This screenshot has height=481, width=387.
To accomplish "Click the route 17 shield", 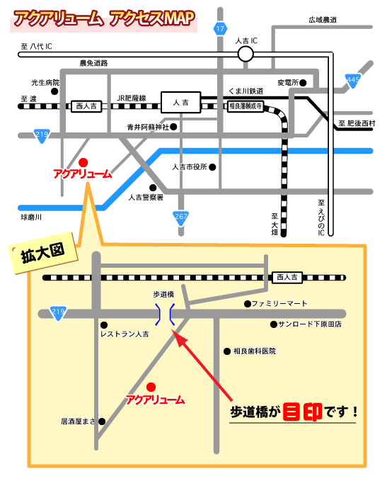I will click(220, 29).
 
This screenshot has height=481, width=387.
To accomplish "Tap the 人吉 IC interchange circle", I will click(245, 54).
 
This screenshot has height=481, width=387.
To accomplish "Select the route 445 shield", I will click(353, 80).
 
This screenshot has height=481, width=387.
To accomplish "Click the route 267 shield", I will click(182, 216).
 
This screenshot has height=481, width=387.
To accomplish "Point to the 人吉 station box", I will click(180, 103).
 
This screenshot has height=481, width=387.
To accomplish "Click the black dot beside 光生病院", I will click(54, 92).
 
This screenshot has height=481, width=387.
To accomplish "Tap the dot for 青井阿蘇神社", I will click(173, 128).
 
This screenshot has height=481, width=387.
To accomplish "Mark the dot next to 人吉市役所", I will click(211, 168).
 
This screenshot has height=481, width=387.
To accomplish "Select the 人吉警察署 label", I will click(146, 198).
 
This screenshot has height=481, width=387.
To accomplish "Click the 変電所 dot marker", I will click(304, 83).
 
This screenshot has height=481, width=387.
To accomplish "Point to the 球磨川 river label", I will click(31, 217).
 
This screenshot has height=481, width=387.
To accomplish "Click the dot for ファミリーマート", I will click(247, 304).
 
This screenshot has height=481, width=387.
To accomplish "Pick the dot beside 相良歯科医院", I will click(226, 351).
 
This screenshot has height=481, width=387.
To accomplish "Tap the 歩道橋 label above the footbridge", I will click(163, 294).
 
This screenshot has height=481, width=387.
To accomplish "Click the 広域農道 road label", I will click(323, 19).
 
